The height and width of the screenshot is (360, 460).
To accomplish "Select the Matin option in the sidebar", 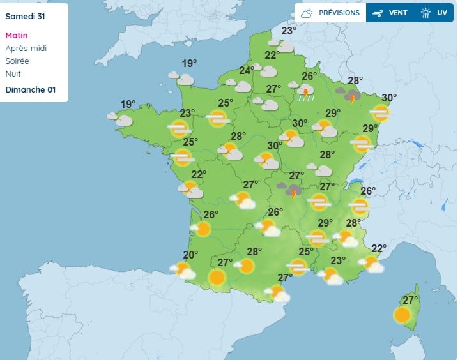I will point(17,36).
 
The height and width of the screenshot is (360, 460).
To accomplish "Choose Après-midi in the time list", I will point(26,49).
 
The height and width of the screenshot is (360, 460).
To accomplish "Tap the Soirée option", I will point(17,61).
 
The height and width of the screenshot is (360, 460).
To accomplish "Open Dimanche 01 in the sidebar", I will point(30,89).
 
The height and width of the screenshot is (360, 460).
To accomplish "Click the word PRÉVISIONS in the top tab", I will point(339,13).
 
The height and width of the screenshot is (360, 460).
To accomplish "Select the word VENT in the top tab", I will point(399,13).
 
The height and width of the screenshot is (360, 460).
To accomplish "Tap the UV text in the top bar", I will point(442,13).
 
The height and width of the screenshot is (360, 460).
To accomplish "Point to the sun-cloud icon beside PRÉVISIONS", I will point(307,13).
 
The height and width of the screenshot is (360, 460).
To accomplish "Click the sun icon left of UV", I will point(426,13).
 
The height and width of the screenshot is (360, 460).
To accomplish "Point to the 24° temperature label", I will point(247,71).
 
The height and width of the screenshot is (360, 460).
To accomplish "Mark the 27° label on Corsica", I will point(409,300).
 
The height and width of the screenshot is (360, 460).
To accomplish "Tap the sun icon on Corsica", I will point(402,315).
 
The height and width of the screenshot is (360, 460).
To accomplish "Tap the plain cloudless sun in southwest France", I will point(217,277).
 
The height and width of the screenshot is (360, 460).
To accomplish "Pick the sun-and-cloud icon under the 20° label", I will point(184,271).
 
